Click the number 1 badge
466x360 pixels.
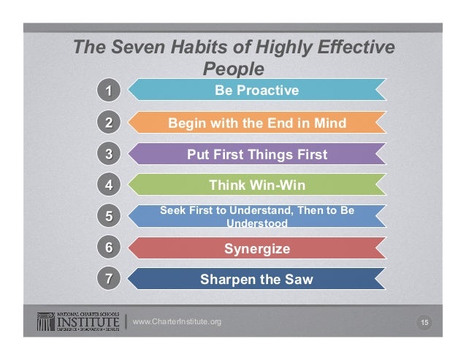107,91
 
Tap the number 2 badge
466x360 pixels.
107,123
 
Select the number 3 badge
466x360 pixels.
107,154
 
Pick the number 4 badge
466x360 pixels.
107,185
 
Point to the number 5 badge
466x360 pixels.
107,216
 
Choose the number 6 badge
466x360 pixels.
107,248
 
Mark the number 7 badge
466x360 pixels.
107,278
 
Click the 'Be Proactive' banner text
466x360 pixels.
256,91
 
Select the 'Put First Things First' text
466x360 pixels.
257,154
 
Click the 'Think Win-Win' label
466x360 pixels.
257,185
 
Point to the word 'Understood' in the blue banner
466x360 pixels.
257,223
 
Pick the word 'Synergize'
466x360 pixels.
257,249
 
